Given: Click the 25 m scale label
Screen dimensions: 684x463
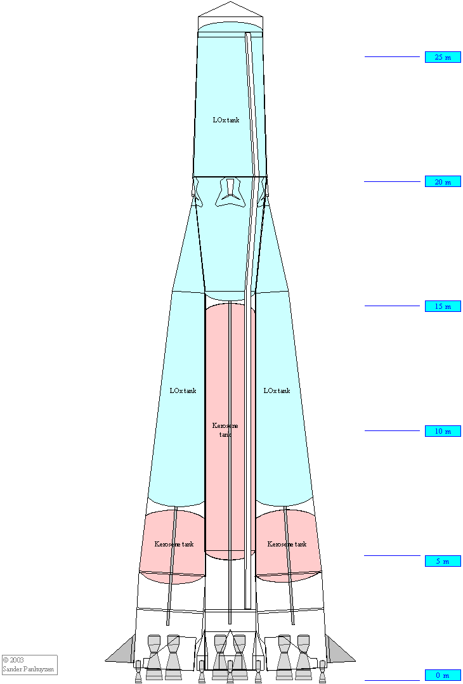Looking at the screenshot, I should (x=443, y=57).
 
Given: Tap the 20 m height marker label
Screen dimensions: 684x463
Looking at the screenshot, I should (x=443, y=182).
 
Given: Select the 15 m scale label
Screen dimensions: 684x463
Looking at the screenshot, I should (x=443, y=306).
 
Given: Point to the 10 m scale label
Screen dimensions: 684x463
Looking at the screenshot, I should (x=443, y=431).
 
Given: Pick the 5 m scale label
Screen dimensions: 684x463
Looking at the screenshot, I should (x=443, y=561).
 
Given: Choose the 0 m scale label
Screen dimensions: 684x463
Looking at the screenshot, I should (x=443, y=675).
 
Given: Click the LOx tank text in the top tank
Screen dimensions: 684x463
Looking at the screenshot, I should (x=226, y=120).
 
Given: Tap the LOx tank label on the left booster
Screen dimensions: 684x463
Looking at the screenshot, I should (x=183, y=390).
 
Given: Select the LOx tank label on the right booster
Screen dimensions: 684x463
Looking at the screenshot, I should (x=277, y=390).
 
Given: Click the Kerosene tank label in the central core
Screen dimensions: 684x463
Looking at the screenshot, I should (x=225, y=430).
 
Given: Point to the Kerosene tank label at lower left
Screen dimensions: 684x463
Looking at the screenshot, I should (x=174, y=544).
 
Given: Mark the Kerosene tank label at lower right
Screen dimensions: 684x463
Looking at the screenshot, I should (x=287, y=544).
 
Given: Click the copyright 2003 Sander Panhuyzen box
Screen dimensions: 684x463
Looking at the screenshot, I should (x=29, y=665).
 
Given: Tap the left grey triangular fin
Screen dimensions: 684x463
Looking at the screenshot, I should (x=122, y=649).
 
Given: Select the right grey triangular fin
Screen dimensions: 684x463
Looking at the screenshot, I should (x=337, y=649).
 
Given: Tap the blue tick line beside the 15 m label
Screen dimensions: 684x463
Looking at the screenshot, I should (x=393, y=306).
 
